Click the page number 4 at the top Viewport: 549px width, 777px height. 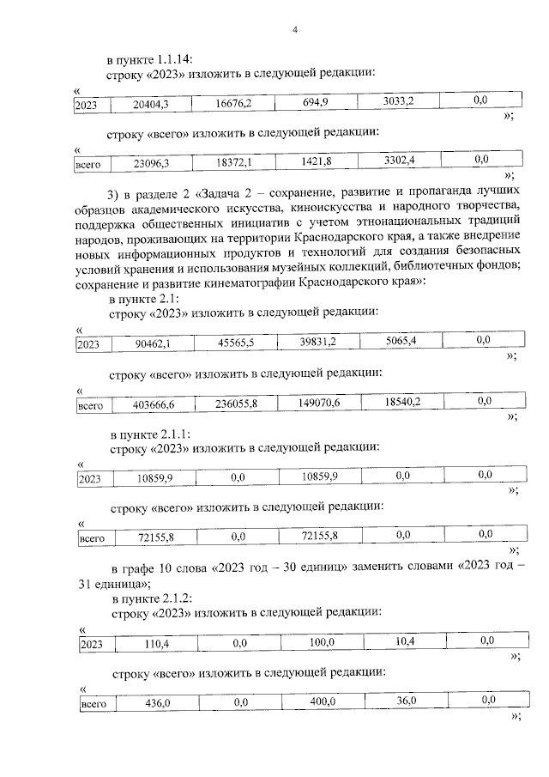(294, 30)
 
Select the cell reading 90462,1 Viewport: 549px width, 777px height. (153, 343)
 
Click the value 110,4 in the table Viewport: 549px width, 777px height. (157, 643)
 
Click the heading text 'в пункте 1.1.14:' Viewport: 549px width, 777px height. (149, 59)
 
